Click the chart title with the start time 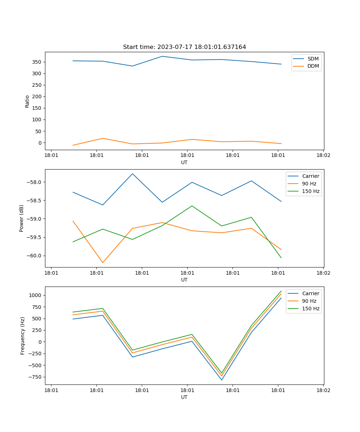[184, 47]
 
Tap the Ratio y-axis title [27, 102]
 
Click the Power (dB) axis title [22, 219]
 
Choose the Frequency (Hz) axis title [23, 336]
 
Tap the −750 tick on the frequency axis [35, 377]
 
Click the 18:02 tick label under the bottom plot [323, 390]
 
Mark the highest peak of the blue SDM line [162, 56]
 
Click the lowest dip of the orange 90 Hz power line [103, 262]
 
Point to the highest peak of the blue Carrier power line [132, 174]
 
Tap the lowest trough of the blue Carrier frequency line [221, 380]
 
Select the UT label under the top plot [184, 162]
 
